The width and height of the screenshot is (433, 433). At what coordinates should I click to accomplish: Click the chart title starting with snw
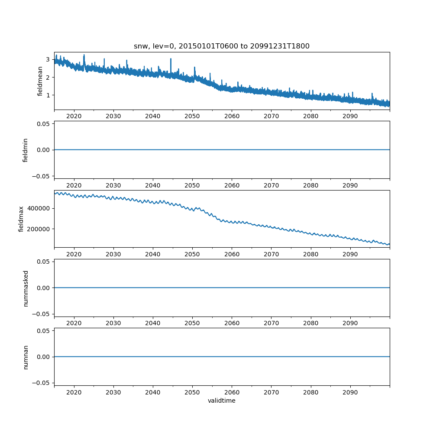coord(222,46)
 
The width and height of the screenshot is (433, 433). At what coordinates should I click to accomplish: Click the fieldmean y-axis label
coord(40,81)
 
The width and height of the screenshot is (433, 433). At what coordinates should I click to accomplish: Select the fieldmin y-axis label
coord(25,150)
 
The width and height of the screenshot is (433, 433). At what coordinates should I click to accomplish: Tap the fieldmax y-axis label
coord(21,219)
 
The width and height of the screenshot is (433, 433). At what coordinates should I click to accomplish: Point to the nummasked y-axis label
coord(26,288)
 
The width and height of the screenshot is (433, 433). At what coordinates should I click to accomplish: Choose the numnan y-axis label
coord(26,357)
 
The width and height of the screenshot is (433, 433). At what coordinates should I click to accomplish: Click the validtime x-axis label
coord(222,401)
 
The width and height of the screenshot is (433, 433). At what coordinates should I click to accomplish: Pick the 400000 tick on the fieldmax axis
coord(39,208)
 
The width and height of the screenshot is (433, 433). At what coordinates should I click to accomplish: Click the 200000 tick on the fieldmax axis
coord(39,229)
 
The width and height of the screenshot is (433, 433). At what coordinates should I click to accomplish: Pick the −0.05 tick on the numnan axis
coord(42,383)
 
